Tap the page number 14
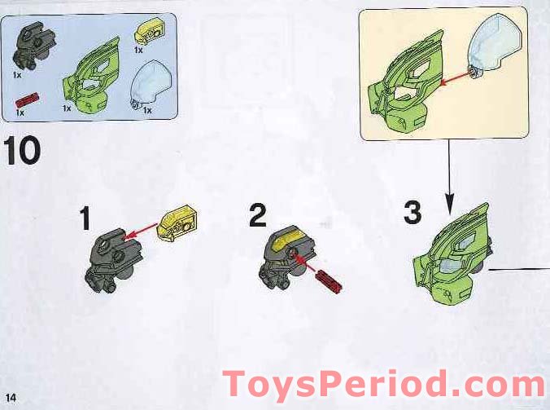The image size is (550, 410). click(x=11, y=396)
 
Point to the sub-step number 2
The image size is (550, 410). click(x=258, y=217)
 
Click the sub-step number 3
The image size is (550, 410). click(x=412, y=214)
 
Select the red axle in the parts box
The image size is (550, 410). click(x=28, y=101)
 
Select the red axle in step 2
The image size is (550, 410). click(x=330, y=277)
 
